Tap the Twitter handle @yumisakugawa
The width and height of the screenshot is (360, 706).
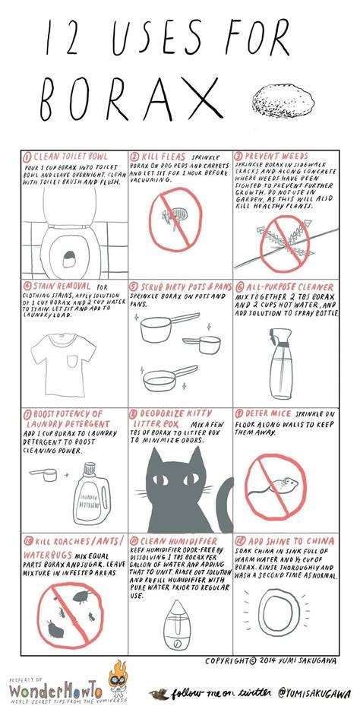pyautogui.click(x=304, y=692)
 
